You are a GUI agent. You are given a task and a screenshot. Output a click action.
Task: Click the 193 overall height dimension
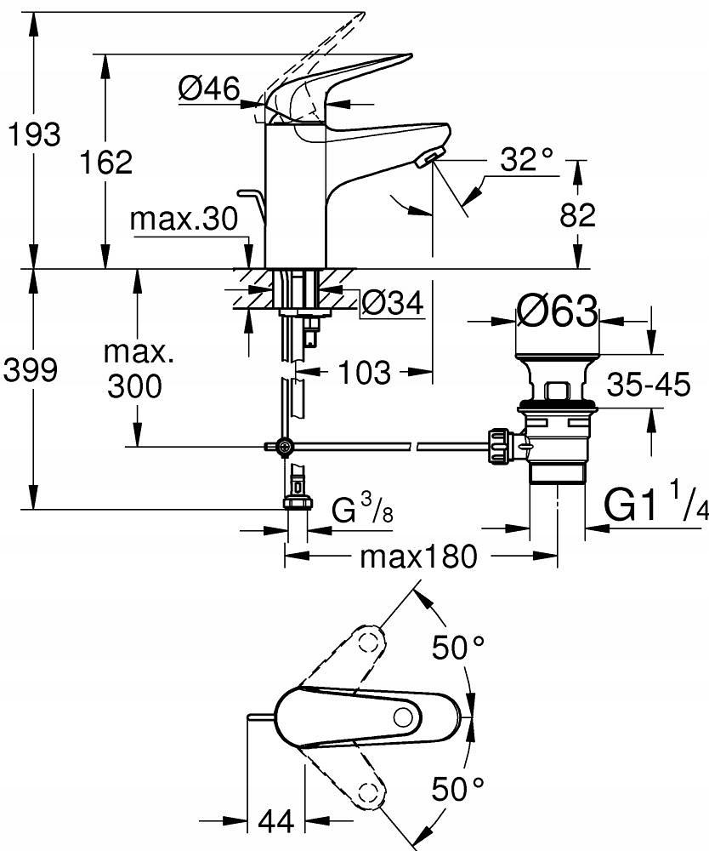pyautogui.click(x=32, y=134)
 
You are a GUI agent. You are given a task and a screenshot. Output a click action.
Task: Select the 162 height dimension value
pyautogui.click(x=106, y=162)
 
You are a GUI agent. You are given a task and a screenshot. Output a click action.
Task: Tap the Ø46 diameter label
pyautogui.click(x=209, y=88)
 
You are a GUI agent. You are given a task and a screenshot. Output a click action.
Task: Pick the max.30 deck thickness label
pyautogui.click(x=184, y=220)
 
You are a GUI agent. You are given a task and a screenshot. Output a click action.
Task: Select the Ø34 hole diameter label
pyautogui.click(x=392, y=302)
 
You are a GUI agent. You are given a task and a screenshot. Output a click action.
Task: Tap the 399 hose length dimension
pyautogui.click(x=32, y=370)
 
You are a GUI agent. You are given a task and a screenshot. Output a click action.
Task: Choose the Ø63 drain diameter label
pyautogui.click(x=557, y=313)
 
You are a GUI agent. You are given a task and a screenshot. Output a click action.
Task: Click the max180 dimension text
pyautogui.click(x=419, y=557)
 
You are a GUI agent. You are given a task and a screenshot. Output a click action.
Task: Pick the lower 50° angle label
pyautogui.click(x=459, y=789)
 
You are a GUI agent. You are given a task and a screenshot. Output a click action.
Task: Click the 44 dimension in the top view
pyautogui.click(x=274, y=821)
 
